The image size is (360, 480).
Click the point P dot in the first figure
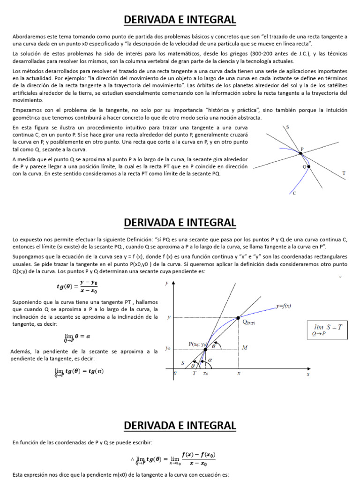click(x=300, y=153)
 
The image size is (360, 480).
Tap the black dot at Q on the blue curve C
click(x=308, y=166)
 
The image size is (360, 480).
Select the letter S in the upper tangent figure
click(x=287, y=127)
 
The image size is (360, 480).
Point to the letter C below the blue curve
click(x=294, y=193)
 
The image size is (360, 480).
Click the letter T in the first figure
click(x=344, y=173)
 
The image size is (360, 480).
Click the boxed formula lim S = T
click(x=328, y=330)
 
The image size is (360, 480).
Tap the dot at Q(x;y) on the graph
click(x=238, y=317)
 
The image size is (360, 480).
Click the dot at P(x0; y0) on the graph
click(x=205, y=349)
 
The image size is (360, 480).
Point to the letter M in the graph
click(x=245, y=347)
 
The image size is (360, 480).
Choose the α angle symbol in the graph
click(x=210, y=360)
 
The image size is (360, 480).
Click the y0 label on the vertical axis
click(x=168, y=349)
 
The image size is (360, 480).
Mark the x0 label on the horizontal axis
click(x=206, y=374)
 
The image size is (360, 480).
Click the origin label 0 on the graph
click(x=175, y=374)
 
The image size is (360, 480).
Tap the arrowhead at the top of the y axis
click(x=174, y=283)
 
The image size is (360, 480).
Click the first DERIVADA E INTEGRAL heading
click(x=180, y=20)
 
